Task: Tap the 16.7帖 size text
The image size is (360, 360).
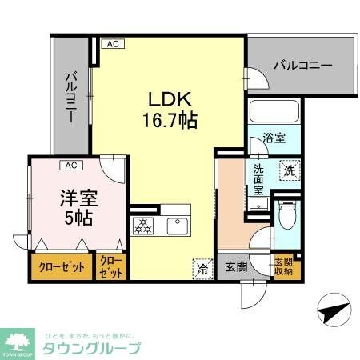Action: [170, 122]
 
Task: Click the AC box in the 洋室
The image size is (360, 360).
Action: [71, 166]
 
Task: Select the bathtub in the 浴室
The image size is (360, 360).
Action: [273, 113]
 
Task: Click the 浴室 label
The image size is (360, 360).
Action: [274, 138]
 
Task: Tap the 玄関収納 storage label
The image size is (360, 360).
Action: [285, 266]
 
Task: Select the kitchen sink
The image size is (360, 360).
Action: [178, 225]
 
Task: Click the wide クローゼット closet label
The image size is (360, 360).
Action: [62, 267]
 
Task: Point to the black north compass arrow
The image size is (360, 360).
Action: [332, 308]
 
